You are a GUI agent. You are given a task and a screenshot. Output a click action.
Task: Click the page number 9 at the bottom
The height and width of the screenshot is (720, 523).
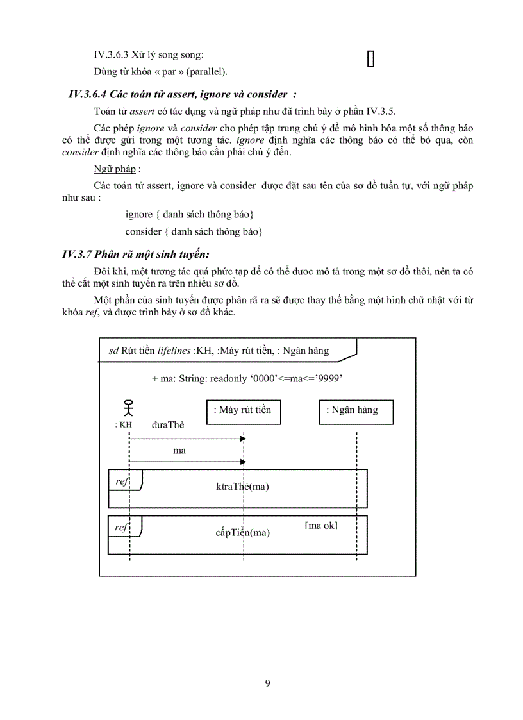point(267,683)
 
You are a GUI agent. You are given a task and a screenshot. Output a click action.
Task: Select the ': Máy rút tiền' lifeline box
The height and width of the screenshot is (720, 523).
point(244,410)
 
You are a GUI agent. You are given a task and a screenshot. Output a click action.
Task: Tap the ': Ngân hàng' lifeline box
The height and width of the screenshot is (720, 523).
point(356,410)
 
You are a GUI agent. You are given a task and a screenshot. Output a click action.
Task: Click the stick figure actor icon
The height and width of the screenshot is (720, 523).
point(129,408)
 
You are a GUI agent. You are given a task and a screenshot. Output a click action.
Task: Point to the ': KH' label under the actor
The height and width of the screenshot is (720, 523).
point(123,424)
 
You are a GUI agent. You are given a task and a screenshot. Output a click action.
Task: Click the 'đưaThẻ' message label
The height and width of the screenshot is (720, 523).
point(168,424)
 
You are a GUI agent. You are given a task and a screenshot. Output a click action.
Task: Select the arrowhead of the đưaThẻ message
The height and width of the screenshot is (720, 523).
point(242,439)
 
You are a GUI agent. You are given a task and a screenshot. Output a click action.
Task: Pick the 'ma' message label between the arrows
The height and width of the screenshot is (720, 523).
point(179,451)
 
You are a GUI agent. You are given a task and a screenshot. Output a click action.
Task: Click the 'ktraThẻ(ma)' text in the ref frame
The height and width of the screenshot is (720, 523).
point(242,487)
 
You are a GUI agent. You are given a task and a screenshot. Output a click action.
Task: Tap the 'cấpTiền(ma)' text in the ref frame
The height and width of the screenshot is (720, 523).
point(242,532)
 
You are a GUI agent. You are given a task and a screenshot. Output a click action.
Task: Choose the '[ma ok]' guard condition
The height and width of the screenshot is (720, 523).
point(321,526)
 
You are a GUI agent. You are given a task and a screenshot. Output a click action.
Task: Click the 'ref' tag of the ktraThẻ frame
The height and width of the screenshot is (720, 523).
point(121,481)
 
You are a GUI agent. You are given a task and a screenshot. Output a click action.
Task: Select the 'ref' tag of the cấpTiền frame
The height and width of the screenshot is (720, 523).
point(121,527)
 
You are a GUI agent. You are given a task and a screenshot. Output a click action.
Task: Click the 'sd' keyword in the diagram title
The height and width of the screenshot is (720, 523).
point(113,351)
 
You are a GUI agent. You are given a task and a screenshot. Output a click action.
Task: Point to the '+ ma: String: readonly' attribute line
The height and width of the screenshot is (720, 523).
point(247,379)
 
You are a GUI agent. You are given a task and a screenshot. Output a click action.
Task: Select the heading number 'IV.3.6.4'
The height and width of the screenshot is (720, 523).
point(88,95)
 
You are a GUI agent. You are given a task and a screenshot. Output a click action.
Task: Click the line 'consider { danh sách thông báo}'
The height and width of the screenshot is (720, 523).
point(194,231)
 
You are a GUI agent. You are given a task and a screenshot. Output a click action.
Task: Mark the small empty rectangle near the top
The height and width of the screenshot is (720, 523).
point(370,58)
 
